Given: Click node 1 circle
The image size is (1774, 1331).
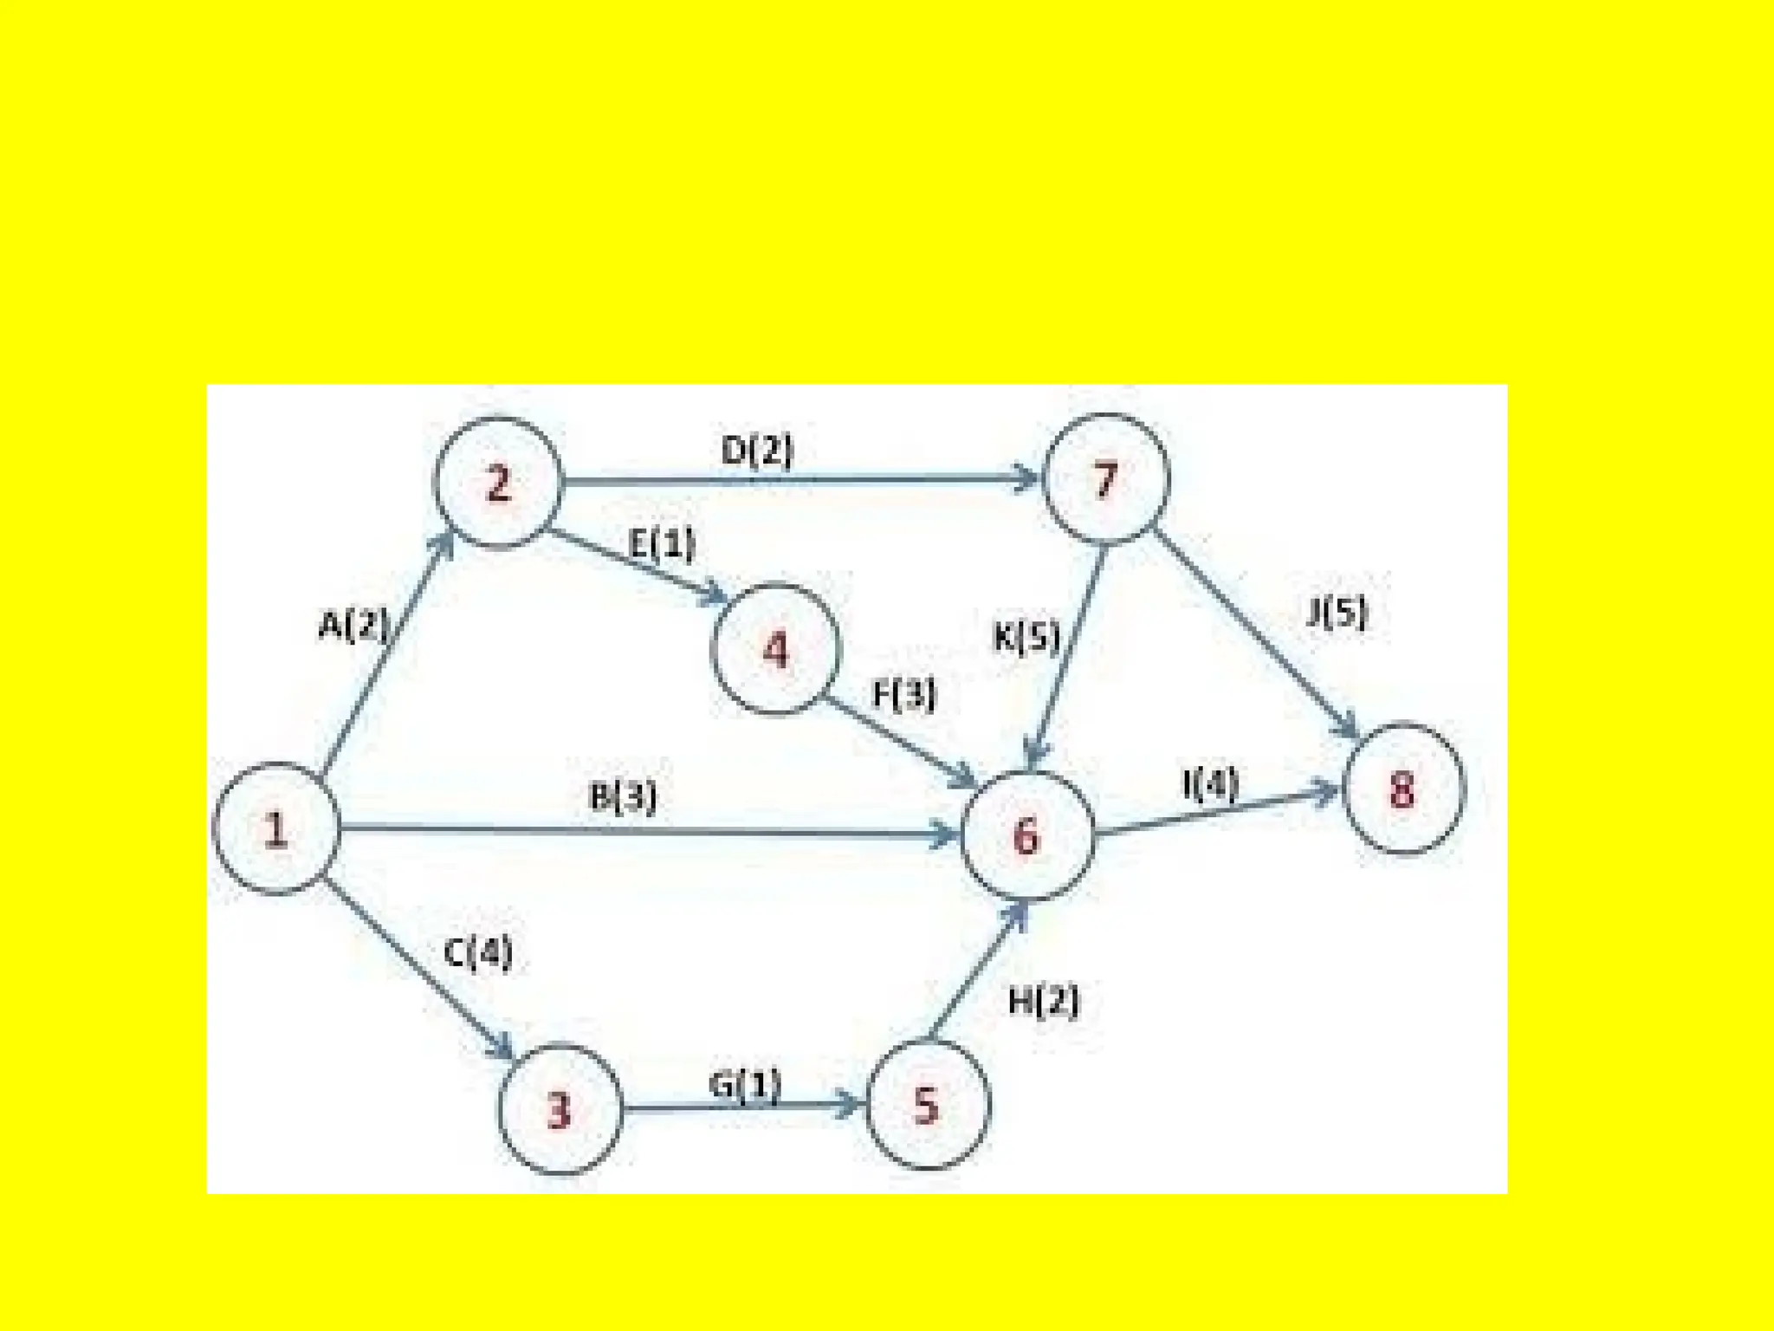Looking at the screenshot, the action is pos(275,828).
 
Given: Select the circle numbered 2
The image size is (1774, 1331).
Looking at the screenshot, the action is pos(497,483).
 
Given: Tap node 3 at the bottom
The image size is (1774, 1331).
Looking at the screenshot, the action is pos(560,1108).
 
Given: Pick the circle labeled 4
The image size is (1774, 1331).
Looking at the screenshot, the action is pos(775,649).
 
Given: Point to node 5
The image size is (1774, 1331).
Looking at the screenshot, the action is pos(927,1105).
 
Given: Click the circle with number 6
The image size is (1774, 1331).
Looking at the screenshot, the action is pos(1026,835).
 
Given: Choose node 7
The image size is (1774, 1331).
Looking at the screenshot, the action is pos(1106,478).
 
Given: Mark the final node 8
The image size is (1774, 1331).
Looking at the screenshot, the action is pos(1403,789).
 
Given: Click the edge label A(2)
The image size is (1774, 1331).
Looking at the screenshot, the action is pos(353,624).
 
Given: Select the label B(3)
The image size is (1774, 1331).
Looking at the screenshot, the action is pos(622,795).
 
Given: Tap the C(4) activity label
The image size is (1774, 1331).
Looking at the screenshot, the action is pos(478,952).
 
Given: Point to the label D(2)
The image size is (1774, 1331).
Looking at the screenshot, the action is pos(757,450).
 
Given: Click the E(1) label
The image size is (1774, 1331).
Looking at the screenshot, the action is pos(662,544).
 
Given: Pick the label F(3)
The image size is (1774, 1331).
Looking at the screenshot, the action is pos(903,694).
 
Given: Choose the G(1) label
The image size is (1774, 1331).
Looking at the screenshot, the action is pos(745,1084).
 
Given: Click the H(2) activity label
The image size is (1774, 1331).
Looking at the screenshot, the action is pos(1044,1001).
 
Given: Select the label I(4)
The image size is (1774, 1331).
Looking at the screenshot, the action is pos(1210,783).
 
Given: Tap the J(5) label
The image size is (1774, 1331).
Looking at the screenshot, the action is pos(1337,613).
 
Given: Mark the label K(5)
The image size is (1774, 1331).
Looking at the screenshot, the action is pos(1026,637).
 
